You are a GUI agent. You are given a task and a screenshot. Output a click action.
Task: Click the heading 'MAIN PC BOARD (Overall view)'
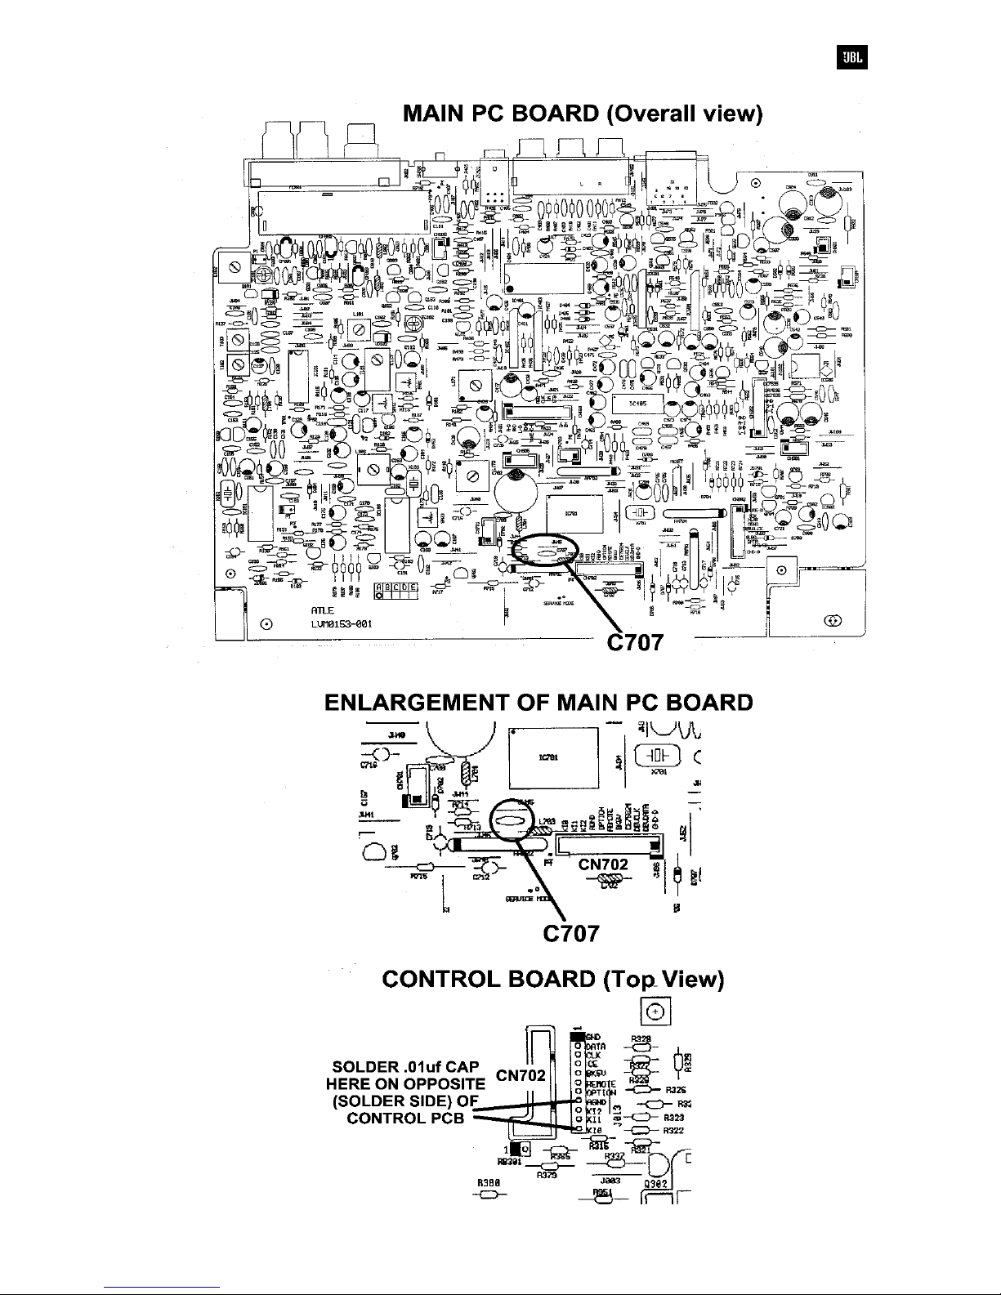click(583, 113)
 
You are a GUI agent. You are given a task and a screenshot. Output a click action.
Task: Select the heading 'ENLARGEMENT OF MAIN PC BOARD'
click(538, 703)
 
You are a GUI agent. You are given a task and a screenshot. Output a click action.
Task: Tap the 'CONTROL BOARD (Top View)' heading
click(553, 980)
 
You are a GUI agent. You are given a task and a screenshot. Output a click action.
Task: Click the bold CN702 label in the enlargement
click(603, 864)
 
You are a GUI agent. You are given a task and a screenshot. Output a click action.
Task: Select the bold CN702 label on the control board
click(521, 1074)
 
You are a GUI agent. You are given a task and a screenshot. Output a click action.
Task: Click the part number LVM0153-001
click(342, 624)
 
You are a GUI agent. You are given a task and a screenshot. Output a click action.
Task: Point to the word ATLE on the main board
click(321, 610)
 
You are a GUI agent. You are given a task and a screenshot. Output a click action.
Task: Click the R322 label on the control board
click(673, 1131)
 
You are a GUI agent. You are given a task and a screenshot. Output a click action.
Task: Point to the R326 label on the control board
click(675, 1090)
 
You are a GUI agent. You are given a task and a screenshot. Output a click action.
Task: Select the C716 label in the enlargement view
click(367, 766)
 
